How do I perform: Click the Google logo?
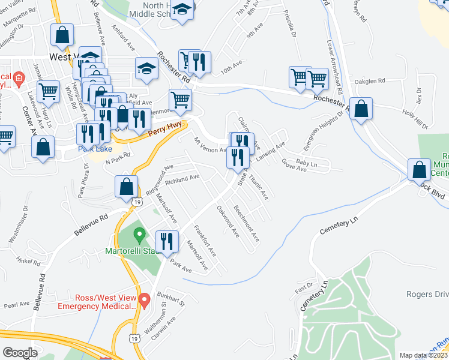(19, 353)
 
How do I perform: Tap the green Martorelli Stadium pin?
(139, 233)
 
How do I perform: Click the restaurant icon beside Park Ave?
(168, 241)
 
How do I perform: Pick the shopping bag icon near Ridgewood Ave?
(127, 187)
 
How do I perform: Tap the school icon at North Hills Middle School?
(182, 11)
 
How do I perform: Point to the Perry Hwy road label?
(164, 128)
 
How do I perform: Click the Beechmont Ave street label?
(247, 224)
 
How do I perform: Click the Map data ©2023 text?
(423, 355)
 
